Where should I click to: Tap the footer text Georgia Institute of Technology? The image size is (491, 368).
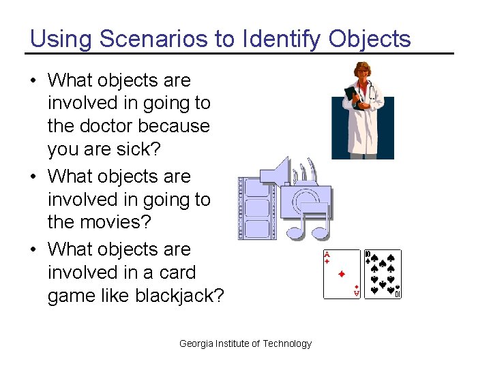tap(245, 343)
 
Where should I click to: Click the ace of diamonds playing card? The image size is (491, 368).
tap(342, 274)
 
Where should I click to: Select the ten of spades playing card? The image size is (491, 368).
tap(383, 274)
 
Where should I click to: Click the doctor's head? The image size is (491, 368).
tap(359, 71)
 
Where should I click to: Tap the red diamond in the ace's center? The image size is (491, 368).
tap(342, 274)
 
